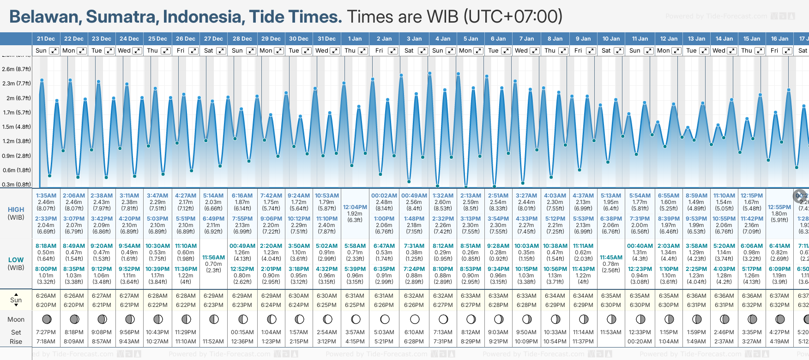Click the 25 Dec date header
tap(157, 39)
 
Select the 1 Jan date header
tap(355, 39)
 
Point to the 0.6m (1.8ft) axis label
tap(17, 170)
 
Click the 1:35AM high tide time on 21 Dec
tap(46, 196)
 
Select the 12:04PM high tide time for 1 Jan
tap(355, 207)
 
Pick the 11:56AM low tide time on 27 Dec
tap(213, 258)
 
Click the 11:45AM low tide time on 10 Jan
tap(611, 258)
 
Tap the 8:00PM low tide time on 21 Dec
tap(46, 269)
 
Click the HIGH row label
tap(16, 210)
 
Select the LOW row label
tap(16, 260)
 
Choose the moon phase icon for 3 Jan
tap(414, 319)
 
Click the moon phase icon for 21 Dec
tap(46, 319)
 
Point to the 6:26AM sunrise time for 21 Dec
tap(46, 296)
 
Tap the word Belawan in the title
tap(45, 17)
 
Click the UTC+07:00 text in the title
tap(513, 17)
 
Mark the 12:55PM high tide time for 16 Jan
tap(779, 207)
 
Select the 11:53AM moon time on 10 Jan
tap(611, 332)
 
